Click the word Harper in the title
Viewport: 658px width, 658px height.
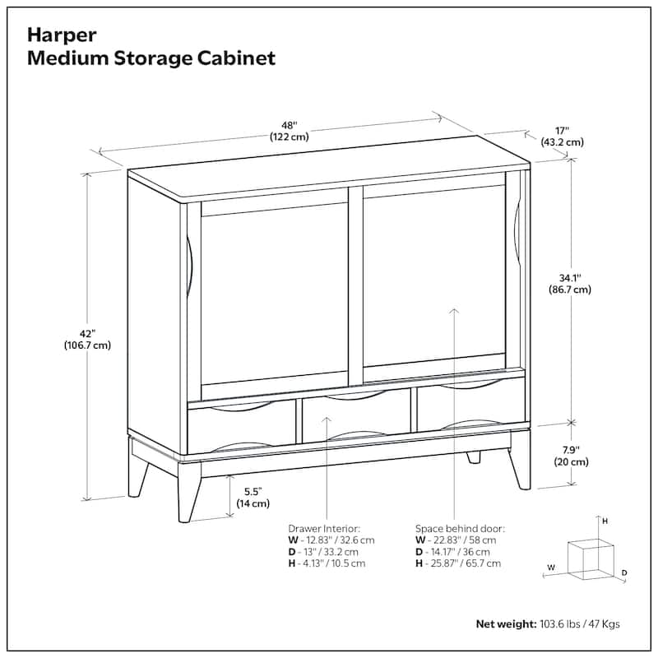click(62, 35)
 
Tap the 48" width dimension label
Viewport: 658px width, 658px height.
click(290, 126)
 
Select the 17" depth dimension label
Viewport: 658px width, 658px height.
click(562, 131)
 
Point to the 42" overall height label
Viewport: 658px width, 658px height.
click(88, 334)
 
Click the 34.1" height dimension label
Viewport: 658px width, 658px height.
click(570, 278)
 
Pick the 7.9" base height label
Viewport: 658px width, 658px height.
click(571, 450)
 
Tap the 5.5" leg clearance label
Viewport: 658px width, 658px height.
click(253, 491)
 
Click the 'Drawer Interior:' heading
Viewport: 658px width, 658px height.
click(324, 529)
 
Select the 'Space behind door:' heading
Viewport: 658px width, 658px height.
click(460, 529)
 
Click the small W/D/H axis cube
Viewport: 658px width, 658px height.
click(591, 559)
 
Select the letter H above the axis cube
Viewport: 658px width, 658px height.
click(605, 521)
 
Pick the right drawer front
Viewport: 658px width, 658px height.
click(470, 404)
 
